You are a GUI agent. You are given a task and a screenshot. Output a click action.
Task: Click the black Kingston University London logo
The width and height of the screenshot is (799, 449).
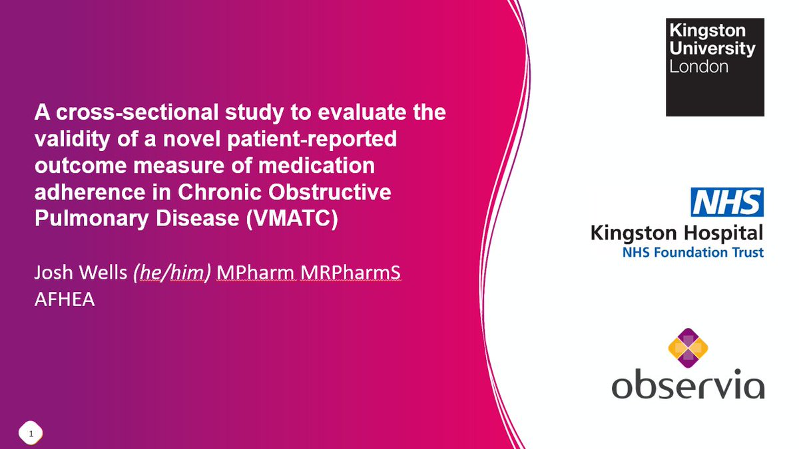coord(714,67)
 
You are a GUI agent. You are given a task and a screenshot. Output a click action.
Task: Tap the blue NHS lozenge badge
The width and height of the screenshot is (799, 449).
coord(727,202)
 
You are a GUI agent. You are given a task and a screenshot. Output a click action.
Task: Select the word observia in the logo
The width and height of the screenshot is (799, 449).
coord(688,385)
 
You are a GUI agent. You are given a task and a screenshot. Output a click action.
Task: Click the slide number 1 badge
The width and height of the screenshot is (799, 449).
coord(31,434)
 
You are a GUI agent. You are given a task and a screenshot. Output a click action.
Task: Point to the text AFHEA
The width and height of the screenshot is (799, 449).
coord(65,300)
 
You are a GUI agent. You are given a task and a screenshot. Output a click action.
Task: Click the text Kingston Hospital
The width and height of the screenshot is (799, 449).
coord(676,233)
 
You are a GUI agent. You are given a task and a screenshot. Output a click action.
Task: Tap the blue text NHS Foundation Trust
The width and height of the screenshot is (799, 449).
coord(692,252)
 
